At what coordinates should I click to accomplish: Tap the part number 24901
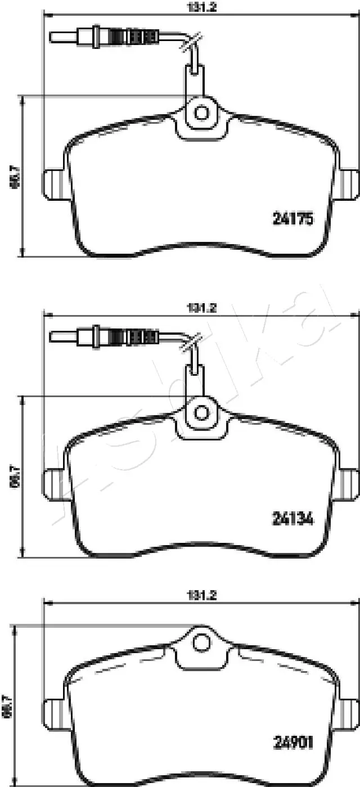[x=292, y=742]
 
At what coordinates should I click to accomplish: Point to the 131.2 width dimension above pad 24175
[x=201, y=7]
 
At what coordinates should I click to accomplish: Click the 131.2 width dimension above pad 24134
[x=201, y=308]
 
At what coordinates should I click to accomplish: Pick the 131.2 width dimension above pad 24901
[x=201, y=595]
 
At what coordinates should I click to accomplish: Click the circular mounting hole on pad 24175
[x=201, y=113]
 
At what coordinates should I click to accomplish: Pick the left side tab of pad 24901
[x=53, y=713]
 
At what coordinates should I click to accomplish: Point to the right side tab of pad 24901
[x=350, y=713]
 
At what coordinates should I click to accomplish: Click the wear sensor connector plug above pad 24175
[x=104, y=37]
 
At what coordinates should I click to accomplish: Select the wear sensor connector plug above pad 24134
[x=104, y=337]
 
